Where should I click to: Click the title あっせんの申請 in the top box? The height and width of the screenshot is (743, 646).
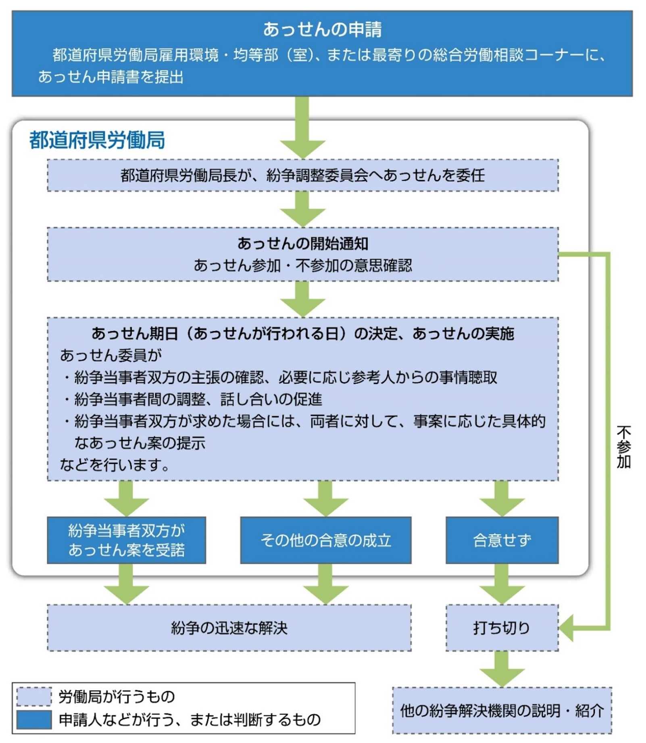[322, 29]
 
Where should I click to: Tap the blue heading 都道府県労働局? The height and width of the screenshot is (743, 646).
[97, 140]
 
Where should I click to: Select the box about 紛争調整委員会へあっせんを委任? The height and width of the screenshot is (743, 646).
[303, 175]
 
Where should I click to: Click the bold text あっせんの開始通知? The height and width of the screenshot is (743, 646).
[303, 243]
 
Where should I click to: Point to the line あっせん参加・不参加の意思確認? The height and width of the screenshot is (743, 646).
[303, 265]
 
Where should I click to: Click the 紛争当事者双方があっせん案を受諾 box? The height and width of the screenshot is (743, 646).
[127, 540]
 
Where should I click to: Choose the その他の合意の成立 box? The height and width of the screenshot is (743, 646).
[326, 540]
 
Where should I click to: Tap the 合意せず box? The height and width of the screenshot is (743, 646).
[502, 540]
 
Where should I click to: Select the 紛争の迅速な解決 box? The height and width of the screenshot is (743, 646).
[229, 628]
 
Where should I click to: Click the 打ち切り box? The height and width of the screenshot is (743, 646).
[502, 628]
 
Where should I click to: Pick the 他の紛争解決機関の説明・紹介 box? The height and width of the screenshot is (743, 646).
[502, 711]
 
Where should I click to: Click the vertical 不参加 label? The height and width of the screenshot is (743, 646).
[623, 447]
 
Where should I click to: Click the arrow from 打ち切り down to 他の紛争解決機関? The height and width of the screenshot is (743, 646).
[502, 669]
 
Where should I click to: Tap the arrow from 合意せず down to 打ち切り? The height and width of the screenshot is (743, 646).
[502, 584]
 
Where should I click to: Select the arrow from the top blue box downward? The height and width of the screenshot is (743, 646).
[303, 128]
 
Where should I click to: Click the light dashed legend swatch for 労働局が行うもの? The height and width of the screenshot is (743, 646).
[34, 697]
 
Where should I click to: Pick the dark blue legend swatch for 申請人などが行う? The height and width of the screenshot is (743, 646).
[34, 720]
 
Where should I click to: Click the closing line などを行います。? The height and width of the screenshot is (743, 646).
[115, 465]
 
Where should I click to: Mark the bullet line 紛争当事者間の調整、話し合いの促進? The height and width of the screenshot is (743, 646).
[193, 399]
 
